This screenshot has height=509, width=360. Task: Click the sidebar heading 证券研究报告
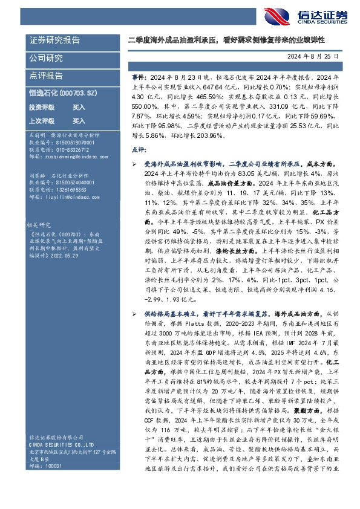pyautogui.click(x=54, y=41)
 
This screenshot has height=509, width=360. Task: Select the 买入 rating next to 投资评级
pyautogui.click(x=79, y=106)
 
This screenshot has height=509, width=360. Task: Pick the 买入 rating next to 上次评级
pyautogui.click(x=79, y=120)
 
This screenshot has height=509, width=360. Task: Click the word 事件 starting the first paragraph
pyautogui.click(x=139, y=77)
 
